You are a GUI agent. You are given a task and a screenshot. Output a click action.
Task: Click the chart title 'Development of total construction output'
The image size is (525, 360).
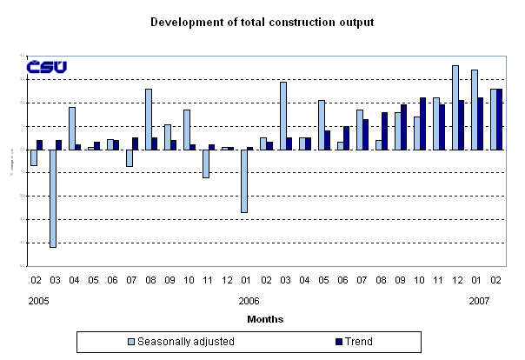coord(262,22)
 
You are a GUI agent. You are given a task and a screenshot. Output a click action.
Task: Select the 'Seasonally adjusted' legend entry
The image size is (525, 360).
coord(175,342)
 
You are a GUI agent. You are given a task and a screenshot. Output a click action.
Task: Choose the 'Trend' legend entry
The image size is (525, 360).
coord(353,342)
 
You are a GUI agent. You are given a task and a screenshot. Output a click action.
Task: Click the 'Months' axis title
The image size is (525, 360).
coord(264,319)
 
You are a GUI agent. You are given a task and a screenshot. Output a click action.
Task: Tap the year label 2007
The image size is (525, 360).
coord(478,300)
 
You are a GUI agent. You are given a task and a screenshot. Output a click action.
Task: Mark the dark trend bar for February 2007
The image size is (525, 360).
coord(499,119)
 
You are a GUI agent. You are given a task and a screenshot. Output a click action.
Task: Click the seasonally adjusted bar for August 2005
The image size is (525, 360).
coord(149,119)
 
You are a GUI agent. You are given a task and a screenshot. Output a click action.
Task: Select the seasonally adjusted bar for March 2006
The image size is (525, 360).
coord(282,116)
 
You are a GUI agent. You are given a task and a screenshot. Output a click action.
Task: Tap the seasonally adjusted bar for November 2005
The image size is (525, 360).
coord(206,163)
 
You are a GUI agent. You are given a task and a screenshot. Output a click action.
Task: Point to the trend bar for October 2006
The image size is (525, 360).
coord(423,123)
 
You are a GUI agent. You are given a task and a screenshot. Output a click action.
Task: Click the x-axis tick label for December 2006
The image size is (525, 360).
coord(458,281)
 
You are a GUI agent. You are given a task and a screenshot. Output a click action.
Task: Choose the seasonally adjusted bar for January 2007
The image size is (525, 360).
coord(474,110)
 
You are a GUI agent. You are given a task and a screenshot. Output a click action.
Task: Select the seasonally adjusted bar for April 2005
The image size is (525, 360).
coord(72,128)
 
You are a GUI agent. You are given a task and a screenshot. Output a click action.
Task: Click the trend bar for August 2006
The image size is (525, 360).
coord(385,130)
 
